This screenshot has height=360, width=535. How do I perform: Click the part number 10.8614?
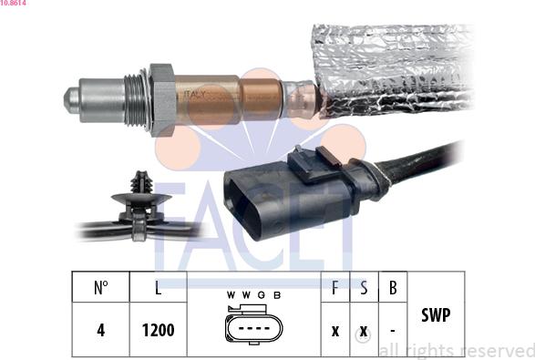click(13, 4)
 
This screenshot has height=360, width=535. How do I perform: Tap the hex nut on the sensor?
click(161, 99)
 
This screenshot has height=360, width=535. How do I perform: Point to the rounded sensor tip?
click(71, 97)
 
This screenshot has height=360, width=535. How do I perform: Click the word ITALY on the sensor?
click(197, 95)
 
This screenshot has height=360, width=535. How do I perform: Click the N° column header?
click(101, 287)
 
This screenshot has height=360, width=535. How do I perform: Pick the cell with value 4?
click(101, 330)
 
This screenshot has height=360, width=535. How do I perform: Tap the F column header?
click(335, 287)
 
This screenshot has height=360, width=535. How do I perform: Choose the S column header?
click(364, 287)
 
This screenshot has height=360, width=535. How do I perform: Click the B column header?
click(392, 287)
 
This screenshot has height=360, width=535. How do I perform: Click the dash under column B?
click(392, 330)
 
